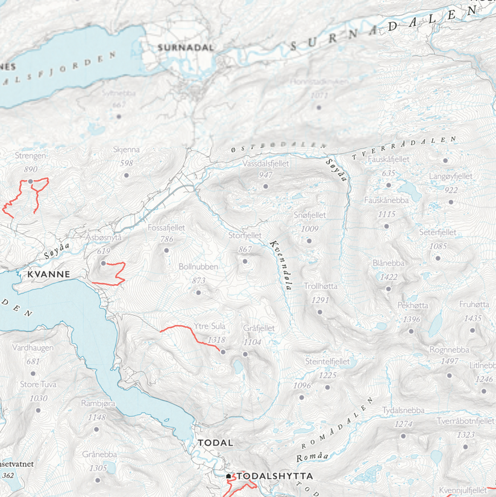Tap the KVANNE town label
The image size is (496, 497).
[49, 274]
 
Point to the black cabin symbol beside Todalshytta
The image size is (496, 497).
[229, 476]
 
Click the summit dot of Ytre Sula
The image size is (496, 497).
[223, 352]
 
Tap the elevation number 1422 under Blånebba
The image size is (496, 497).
[389, 277]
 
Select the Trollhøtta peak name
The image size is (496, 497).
[321, 286]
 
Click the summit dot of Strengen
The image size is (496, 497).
[30, 181]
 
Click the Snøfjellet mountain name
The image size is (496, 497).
[310, 215]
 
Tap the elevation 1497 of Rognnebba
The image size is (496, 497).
[450, 361]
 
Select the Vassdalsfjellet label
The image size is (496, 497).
[266, 163]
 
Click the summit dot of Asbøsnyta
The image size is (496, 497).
[103, 264]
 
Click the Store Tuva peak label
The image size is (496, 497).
[38, 384]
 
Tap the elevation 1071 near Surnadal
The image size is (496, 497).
[319, 95]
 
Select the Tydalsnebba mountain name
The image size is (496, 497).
[403, 410]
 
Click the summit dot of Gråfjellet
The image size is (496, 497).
[245, 355]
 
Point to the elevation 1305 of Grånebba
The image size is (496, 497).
[98, 469]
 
